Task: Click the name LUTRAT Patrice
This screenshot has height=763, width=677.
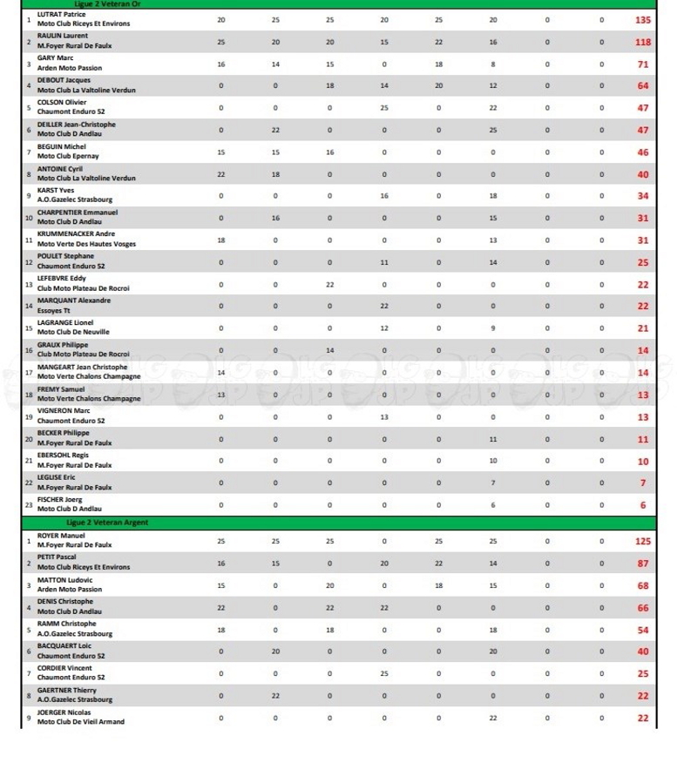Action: (60, 15)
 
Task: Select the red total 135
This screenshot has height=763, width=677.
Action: (643, 19)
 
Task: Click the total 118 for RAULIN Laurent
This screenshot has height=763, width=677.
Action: (643, 41)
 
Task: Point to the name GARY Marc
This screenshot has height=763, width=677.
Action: (55, 58)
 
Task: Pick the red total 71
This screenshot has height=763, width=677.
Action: (643, 64)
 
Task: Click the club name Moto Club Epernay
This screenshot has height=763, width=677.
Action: (68, 156)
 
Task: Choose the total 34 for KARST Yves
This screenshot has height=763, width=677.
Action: (643, 196)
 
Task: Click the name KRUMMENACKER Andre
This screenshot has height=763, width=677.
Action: (77, 234)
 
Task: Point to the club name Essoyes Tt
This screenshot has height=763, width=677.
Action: (53, 310)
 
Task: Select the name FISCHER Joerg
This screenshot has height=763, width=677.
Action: (59, 499)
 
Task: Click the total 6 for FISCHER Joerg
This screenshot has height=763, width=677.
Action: (643, 505)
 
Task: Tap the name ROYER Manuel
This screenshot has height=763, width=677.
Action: (60, 535)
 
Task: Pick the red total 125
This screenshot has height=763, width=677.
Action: (643, 541)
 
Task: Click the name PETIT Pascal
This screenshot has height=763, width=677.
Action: (58, 557)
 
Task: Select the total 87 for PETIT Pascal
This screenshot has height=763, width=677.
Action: (643, 564)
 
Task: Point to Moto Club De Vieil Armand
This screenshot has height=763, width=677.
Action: (80, 721)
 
